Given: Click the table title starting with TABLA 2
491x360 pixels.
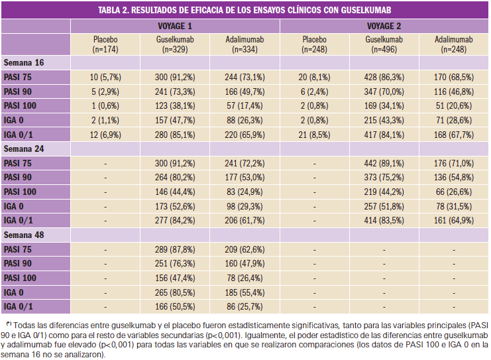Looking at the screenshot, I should coord(245,10).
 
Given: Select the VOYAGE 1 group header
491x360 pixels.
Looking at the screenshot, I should coord(175,26).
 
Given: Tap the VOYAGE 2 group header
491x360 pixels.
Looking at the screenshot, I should coord(384,26).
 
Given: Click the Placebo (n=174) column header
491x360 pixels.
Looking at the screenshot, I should coord(105,44).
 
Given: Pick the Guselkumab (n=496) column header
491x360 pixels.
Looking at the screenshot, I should coord(384,44).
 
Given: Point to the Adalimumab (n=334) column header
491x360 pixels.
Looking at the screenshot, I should coord(245,44).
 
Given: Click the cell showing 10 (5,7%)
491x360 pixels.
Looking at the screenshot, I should coord(105,77).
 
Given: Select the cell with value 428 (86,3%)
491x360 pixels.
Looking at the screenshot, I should coord(384,77).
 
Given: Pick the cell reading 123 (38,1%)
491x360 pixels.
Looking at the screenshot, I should coord(175,106).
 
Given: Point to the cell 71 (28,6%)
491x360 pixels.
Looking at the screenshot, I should coord(454,121).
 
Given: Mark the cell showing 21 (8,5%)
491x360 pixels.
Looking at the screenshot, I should coord(314,135).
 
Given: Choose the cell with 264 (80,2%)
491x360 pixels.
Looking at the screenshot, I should coord(175,178).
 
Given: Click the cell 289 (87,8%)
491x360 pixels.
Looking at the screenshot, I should coord(175,251).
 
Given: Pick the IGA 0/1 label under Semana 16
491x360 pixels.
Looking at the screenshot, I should coord(20,135).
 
